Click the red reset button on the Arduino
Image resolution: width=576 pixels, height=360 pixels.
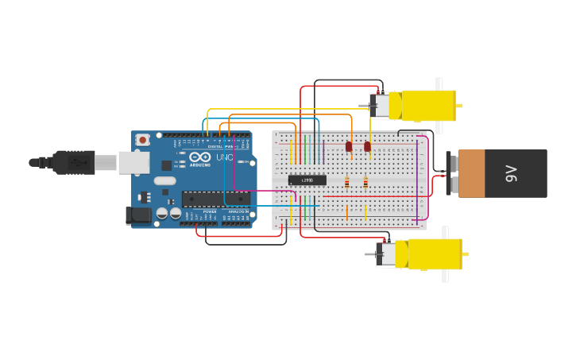click(x=142, y=140)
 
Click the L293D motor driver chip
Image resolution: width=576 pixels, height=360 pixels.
click(x=307, y=180)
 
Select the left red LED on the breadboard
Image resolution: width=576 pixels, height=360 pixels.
click(x=349, y=146)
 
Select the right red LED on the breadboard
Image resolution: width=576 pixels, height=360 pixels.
click(x=367, y=146)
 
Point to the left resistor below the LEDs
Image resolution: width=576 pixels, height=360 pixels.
click(x=346, y=183)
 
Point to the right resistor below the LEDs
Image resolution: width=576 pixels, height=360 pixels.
click(x=365, y=183)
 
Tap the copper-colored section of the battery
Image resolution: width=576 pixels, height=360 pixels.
click(x=471, y=173)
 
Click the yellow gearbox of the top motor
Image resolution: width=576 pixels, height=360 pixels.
click(x=428, y=105)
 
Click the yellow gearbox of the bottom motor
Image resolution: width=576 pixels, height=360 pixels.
click(x=434, y=254)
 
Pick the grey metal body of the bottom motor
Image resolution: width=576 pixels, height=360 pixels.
click(x=386, y=254)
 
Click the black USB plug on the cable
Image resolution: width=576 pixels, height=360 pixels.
click(x=75, y=162)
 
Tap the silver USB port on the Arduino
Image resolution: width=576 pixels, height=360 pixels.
click(x=133, y=163)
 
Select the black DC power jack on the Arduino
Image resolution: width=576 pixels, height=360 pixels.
click(x=139, y=215)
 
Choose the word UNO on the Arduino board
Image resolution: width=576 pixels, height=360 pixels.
click(x=225, y=157)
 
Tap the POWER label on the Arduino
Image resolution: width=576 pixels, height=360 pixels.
click(x=210, y=211)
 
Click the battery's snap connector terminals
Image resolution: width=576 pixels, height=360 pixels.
click(x=453, y=173)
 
